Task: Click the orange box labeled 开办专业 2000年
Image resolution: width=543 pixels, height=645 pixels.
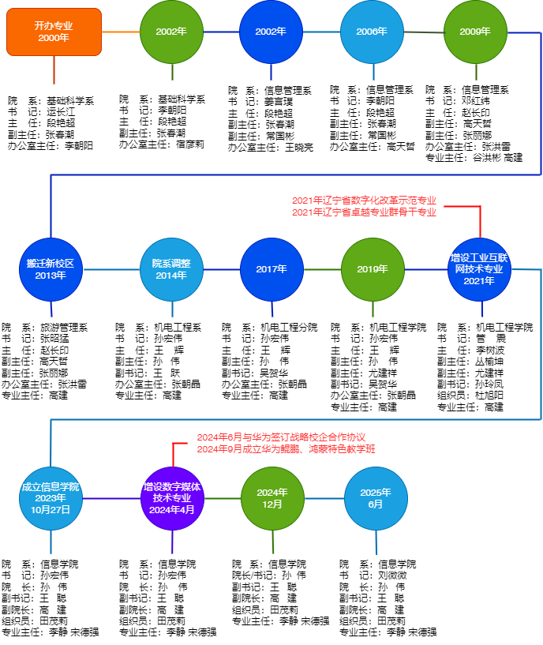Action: click(54, 32)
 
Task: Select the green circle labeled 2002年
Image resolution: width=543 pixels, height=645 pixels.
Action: click(171, 32)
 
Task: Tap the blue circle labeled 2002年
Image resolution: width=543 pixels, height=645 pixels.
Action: click(271, 32)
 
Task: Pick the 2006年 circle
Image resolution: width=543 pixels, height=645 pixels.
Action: click(372, 32)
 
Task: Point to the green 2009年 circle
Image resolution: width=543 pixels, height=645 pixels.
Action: click(475, 32)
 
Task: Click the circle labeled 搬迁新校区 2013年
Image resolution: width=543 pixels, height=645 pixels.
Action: click(51, 269)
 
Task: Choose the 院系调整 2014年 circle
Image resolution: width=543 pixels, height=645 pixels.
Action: click(171, 269)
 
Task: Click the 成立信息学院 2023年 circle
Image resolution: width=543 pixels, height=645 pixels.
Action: click(51, 498)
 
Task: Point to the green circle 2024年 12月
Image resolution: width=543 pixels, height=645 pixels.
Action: click(272, 498)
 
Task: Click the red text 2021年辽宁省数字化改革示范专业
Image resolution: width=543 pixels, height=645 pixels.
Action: click(364, 201)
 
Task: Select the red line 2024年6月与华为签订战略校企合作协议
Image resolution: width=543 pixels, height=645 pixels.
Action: click(281, 437)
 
